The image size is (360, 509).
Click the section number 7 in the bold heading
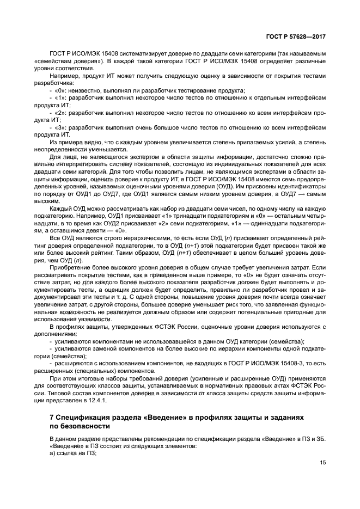pos(51,416)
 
